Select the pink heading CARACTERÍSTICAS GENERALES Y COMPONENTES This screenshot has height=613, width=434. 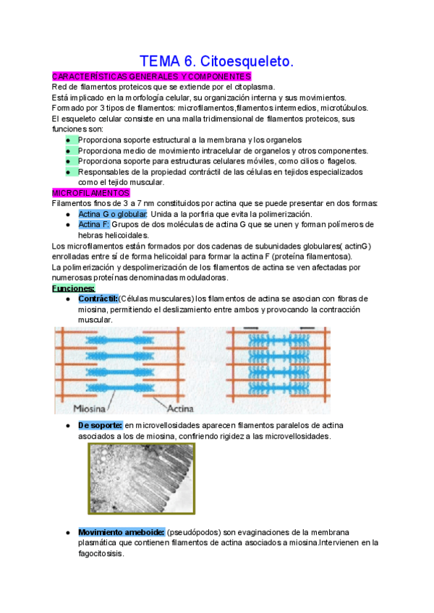click(152, 77)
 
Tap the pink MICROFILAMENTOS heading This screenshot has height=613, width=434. click(91, 193)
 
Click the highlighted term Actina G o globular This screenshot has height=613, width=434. click(113, 215)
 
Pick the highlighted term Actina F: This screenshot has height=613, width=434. click(95, 225)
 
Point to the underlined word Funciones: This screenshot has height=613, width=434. click(74, 288)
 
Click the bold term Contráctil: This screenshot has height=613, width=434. click(98, 299)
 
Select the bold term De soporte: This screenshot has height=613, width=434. click(101, 426)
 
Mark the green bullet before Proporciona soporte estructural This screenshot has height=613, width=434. click(69, 140)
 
